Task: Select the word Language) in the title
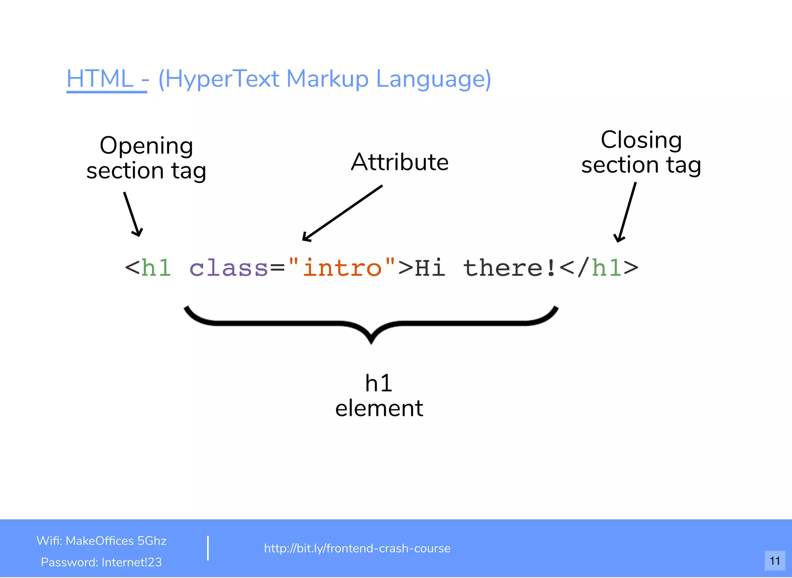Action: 433,79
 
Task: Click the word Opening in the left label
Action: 146,146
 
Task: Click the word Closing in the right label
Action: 641,140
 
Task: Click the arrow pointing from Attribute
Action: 342,213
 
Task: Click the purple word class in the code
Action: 229,268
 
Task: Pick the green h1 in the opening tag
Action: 156,268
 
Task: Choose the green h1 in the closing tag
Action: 607,268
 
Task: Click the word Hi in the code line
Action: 430,268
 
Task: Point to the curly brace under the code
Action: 371,323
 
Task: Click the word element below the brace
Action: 379,409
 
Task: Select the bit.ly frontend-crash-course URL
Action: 357,548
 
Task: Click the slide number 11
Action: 775,561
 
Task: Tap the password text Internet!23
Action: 131,562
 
